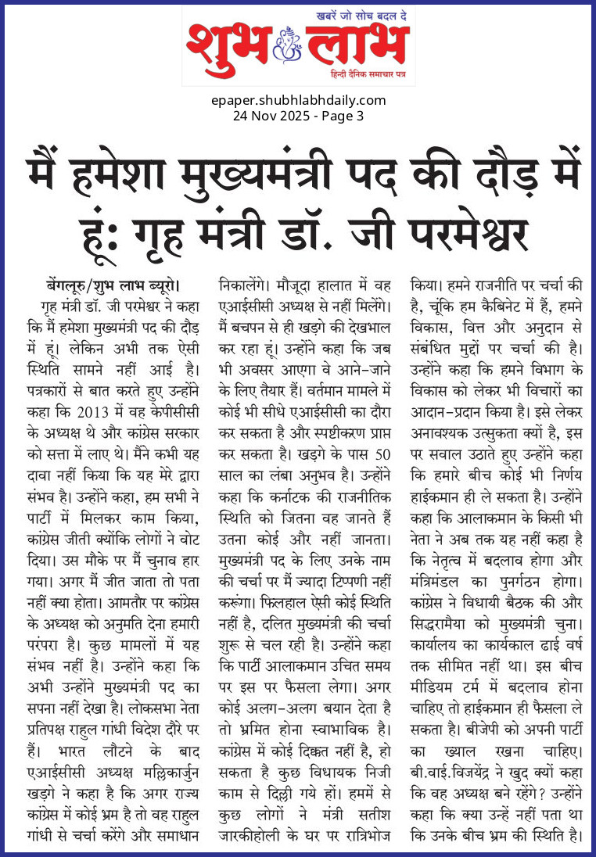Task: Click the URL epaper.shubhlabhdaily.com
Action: tap(299, 100)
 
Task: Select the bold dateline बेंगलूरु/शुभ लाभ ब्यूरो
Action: tap(113, 284)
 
